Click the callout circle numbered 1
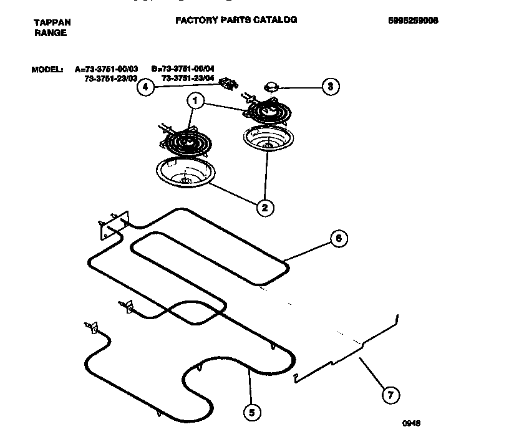[196, 100]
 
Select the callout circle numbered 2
[264, 208]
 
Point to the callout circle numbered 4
[145, 87]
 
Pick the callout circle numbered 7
[390, 394]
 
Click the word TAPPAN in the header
[52, 22]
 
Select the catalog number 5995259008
[413, 20]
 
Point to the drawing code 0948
[411, 423]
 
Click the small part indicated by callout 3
[272, 86]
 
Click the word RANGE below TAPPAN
[50, 33]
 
